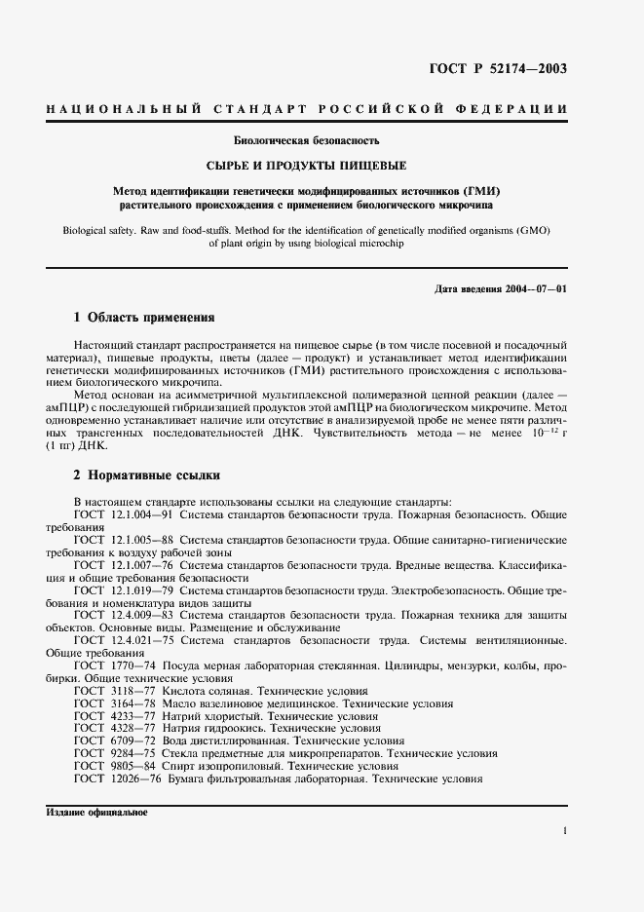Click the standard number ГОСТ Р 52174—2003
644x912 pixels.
498,68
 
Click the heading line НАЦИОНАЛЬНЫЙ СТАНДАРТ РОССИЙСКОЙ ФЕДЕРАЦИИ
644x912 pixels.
306,109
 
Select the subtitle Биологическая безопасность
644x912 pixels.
306,141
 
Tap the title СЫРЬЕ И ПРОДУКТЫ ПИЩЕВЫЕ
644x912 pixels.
306,166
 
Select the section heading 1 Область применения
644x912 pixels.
144,318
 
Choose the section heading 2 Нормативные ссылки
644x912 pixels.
147,476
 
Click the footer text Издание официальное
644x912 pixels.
95,813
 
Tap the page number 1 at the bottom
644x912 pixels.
564,831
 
